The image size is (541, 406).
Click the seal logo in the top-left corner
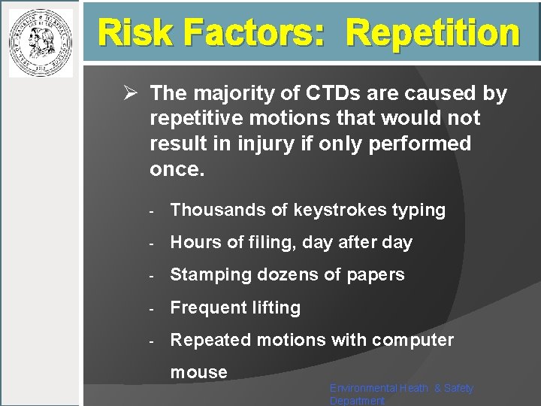coord(41,43)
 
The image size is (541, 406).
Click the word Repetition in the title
coord(434,32)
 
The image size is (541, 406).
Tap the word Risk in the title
coord(131,32)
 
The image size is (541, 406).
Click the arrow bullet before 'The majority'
coord(129,93)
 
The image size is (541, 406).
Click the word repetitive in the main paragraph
coord(197,118)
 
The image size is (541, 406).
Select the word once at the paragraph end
coord(177,168)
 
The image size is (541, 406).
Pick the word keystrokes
coord(331,211)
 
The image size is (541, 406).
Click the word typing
coord(419,211)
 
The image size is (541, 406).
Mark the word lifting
coord(277,308)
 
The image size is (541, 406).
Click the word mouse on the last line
coord(198,371)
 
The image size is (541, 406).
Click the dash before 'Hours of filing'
coord(151,243)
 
